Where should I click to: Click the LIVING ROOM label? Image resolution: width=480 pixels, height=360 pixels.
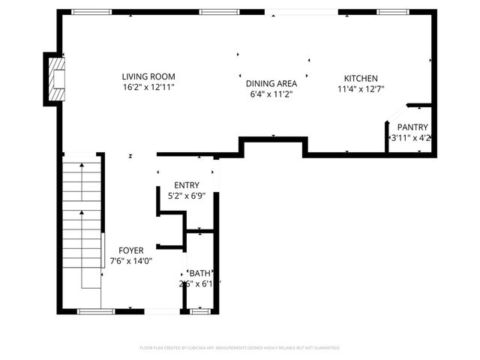[x=149, y=76]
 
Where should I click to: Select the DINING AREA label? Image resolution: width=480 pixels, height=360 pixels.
[x=271, y=84]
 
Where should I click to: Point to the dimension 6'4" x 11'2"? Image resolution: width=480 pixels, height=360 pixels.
[x=271, y=94]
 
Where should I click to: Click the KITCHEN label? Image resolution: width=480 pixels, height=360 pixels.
[x=361, y=79]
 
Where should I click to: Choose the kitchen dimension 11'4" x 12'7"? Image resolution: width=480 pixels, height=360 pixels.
[x=361, y=89]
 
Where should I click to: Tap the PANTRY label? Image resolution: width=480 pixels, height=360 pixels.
[x=412, y=127]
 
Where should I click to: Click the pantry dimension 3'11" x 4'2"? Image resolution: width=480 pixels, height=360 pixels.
[x=411, y=138]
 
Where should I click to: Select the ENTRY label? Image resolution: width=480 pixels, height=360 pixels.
[x=187, y=185]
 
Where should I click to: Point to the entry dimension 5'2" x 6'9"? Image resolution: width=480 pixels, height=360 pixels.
[x=187, y=196]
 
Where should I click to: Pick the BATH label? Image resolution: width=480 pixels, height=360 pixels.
[x=200, y=273]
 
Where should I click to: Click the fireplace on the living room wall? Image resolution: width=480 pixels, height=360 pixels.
[x=56, y=79]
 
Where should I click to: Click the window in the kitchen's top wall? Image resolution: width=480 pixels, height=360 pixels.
[x=388, y=12]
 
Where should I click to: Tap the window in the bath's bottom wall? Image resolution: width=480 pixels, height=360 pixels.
[x=199, y=310]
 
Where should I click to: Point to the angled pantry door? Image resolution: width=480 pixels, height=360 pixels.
[x=396, y=115]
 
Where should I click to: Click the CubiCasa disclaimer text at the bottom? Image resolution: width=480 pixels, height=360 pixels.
[x=240, y=348]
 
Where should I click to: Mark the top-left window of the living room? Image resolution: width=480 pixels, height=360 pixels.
[x=91, y=12]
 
